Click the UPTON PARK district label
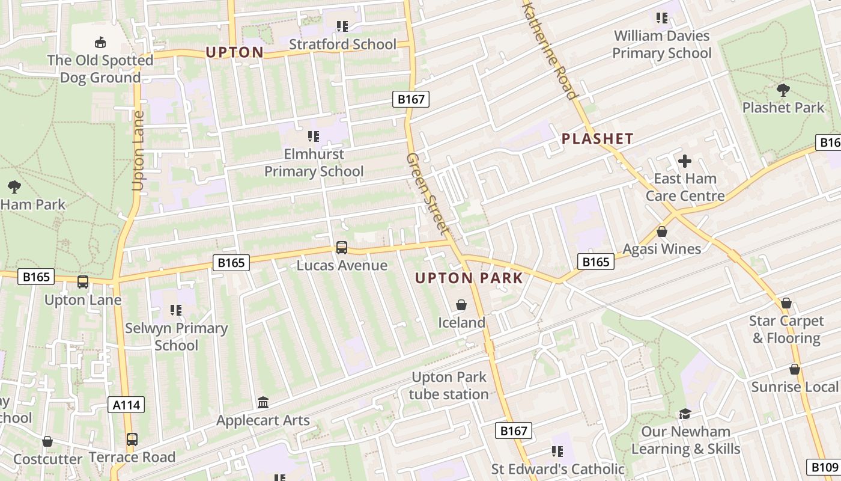(x=469, y=278)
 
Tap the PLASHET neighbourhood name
(x=597, y=139)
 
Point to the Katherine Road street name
(x=550, y=48)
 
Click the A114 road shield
(x=127, y=405)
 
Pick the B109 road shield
(x=822, y=467)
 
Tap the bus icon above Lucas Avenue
(x=341, y=247)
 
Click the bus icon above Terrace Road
(x=132, y=440)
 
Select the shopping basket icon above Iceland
(x=461, y=305)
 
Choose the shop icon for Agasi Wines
(x=662, y=231)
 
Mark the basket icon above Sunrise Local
(x=795, y=369)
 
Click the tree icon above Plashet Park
(x=783, y=90)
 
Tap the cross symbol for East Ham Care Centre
(x=685, y=161)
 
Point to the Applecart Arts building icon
(x=263, y=402)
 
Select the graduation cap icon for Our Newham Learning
(x=685, y=414)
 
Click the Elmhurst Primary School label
(x=314, y=163)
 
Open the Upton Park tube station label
(x=449, y=386)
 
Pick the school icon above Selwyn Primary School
(x=175, y=310)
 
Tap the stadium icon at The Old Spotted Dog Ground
(x=100, y=42)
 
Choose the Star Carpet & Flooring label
(x=786, y=329)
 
